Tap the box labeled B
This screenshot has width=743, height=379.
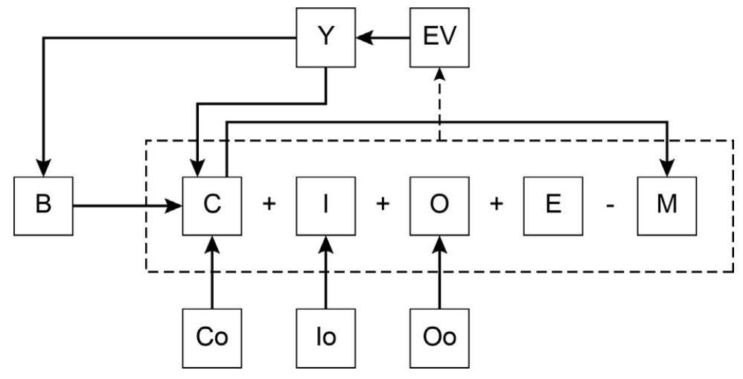pos(43,204)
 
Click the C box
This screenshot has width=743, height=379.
pos(213,204)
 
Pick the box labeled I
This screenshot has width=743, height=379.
pos(326,204)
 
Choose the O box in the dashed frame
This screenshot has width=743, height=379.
pos(440,204)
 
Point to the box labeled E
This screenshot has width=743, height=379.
pos(553,204)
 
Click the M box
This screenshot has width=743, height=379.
pos(666,204)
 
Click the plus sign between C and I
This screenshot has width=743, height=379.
pos(270,205)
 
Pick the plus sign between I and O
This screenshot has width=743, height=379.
pos(383,205)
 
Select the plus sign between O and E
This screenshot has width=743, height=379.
pos(497,205)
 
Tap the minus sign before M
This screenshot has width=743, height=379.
pos(610,205)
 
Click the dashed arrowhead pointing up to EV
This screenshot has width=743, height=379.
pos(440,71)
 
